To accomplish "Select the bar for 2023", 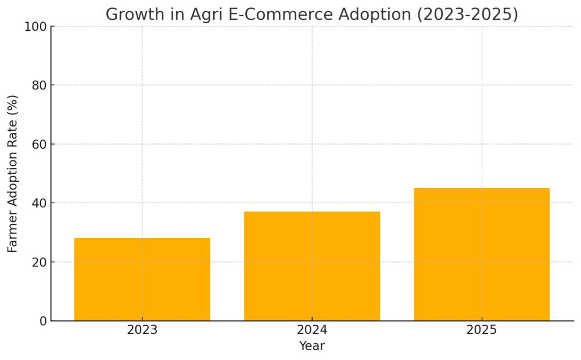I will pos(142,279).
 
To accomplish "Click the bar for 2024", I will pos(312,266).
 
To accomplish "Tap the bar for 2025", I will pos(482,254).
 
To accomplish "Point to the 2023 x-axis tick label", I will pos(142,330).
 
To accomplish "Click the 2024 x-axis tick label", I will pos(312,330).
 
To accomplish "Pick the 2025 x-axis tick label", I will pos(482,330).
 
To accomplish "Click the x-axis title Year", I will pos(312,347).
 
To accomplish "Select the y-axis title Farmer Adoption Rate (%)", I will pos(13,174).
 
